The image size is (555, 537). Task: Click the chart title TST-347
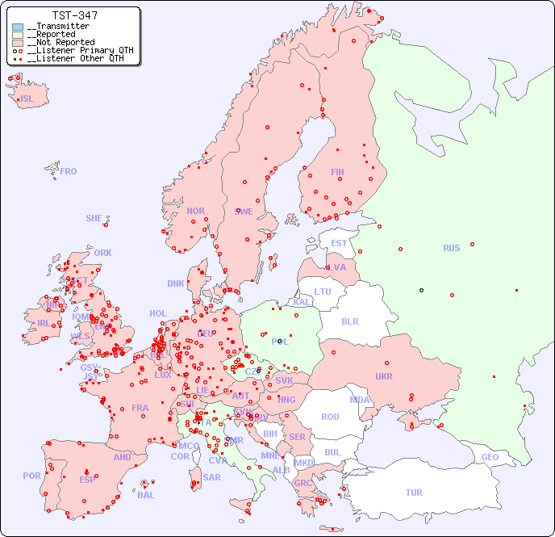click(75, 15)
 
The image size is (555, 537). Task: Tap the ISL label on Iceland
click(27, 99)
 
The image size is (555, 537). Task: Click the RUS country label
click(451, 248)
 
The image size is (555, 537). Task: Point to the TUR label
click(414, 493)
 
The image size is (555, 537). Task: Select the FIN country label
click(337, 172)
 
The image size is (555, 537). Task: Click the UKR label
click(384, 376)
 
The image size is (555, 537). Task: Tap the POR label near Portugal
click(31, 476)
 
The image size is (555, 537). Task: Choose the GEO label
click(490, 457)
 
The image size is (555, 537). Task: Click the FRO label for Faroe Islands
click(69, 171)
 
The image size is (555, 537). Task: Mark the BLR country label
click(350, 321)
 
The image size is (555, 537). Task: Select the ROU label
click(330, 417)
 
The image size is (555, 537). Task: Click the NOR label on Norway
click(195, 211)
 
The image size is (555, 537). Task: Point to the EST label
click(339, 243)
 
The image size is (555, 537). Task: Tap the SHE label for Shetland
click(94, 218)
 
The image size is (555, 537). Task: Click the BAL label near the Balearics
click(145, 495)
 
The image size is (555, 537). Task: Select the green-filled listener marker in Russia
click(421, 290)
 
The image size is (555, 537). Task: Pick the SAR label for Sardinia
click(212, 477)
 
